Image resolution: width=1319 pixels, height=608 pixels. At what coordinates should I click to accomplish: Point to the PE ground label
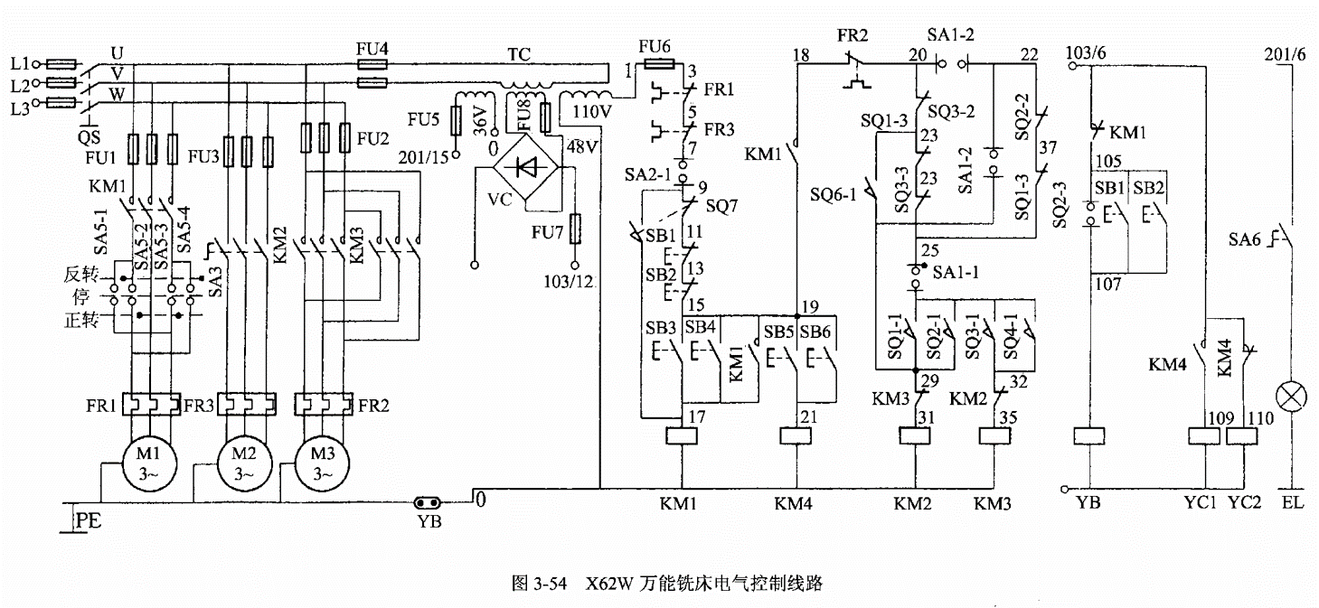click(88, 520)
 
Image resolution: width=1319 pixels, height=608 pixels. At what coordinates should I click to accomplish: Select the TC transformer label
click(518, 53)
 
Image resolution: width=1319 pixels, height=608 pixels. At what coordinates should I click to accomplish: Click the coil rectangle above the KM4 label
click(796, 435)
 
